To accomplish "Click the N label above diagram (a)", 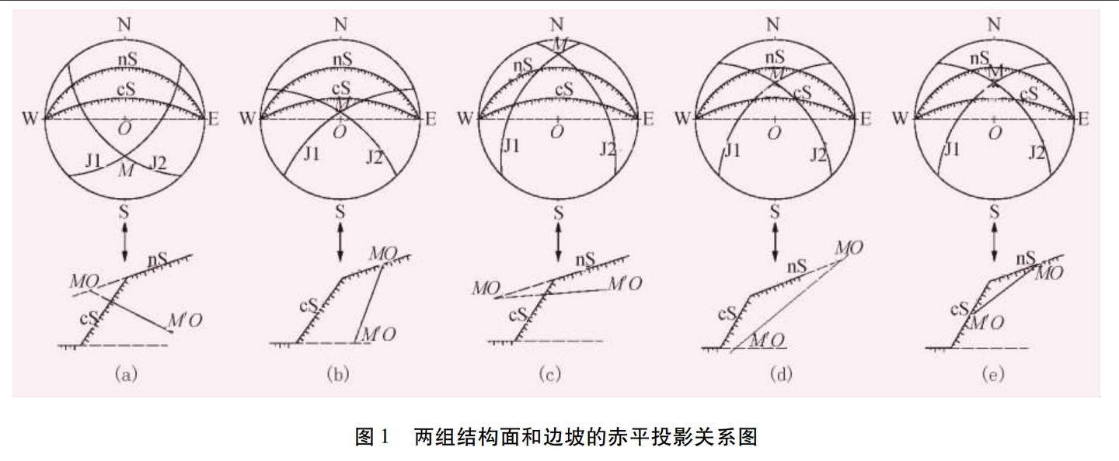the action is click(124, 23).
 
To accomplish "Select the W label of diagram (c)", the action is click(465, 119).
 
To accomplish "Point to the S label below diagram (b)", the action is click(340, 211).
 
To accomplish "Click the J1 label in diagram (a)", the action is click(93, 161).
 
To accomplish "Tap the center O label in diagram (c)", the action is click(557, 132).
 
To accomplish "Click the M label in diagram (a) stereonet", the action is click(125, 171).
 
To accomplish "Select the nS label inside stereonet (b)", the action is click(340, 59).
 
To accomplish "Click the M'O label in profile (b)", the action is click(380, 334).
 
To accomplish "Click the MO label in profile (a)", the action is click(82, 279).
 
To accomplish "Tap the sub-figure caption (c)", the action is click(549, 375).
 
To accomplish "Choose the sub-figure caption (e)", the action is click(992, 375).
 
